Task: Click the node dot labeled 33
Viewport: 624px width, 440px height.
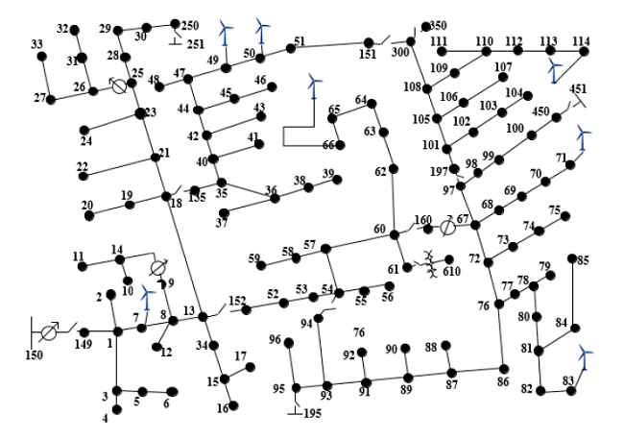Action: (x=41, y=56)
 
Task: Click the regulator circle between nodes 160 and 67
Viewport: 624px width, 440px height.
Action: (x=447, y=228)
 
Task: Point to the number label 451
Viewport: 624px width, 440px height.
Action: (x=578, y=89)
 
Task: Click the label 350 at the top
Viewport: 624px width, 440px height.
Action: (x=437, y=25)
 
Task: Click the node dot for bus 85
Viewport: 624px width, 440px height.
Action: (x=572, y=258)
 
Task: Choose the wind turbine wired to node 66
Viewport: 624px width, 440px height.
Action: (x=312, y=87)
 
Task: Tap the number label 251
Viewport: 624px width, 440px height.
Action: (x=195, y=44)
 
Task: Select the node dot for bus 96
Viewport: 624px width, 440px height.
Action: (x=289, y=341)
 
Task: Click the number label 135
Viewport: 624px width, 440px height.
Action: (x=197, y=198)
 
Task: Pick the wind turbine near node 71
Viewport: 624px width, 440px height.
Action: (x=584, y=139)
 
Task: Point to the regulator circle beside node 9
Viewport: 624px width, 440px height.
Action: (x=158, y=266)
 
